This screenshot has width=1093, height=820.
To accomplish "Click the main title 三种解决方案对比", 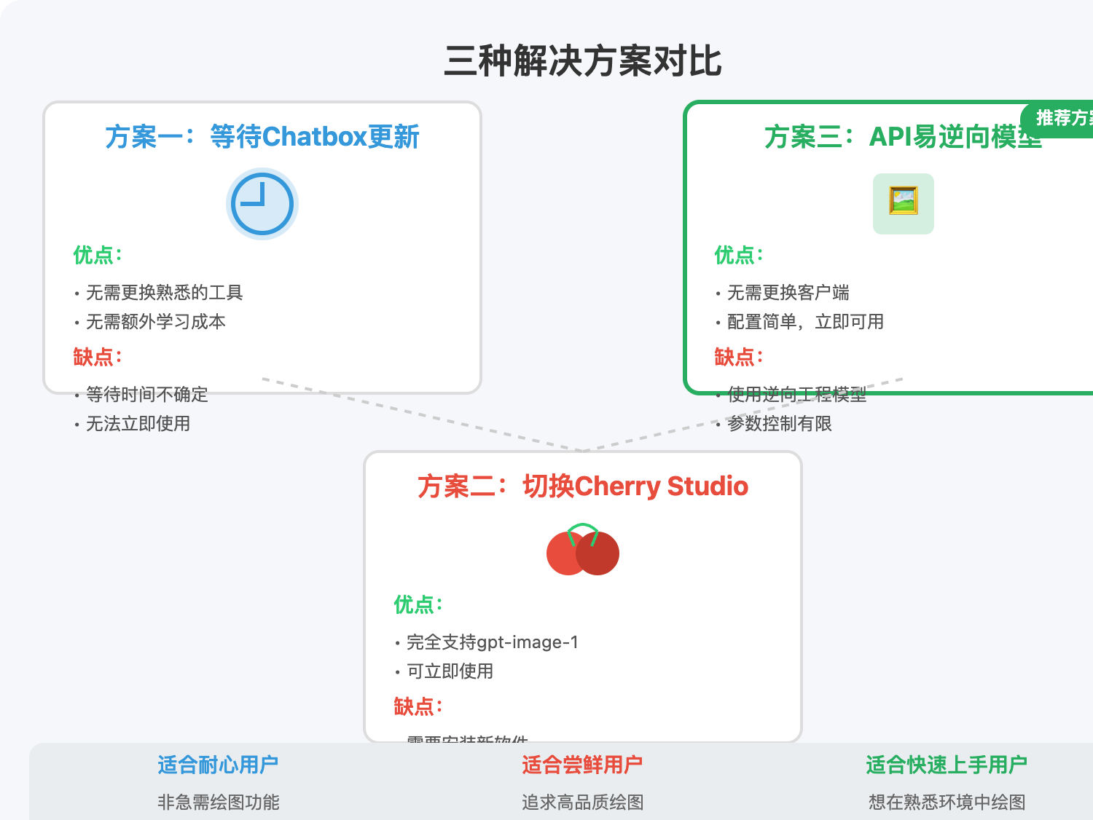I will (x=583, y=61).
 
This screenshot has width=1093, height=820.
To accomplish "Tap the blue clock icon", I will (x=262, y=204).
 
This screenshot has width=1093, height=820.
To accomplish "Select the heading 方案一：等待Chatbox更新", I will (x=262, y=137).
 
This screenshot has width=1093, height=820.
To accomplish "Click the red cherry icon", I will (x=583, y=551).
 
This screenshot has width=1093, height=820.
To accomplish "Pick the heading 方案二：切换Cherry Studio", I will (x=583, y=486).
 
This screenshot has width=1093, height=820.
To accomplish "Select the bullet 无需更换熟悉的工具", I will (x=165, y=293).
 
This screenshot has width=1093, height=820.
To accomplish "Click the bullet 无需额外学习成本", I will (x=156, y=322).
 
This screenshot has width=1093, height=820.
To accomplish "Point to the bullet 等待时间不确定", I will (x=147, y=395).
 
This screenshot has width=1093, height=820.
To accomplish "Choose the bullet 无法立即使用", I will (x=138, y=424).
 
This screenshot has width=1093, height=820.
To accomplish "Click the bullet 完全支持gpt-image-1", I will (x=493, y=642).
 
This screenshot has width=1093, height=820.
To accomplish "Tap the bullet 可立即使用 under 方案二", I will (x=450, y=671).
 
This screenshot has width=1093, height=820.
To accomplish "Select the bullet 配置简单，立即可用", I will (x=805, y=322).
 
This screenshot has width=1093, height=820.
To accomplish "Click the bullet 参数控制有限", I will (x=780, y=424).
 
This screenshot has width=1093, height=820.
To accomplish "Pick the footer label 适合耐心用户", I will (x=219, y=765).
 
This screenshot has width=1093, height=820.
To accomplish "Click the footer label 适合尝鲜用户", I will (x=583, y=765).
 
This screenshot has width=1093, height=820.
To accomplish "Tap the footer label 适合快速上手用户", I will (x=947, y=765).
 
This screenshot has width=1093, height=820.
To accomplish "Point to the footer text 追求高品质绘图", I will (x=583, y=803).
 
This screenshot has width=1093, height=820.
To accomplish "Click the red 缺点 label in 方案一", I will (x=97, y=358).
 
